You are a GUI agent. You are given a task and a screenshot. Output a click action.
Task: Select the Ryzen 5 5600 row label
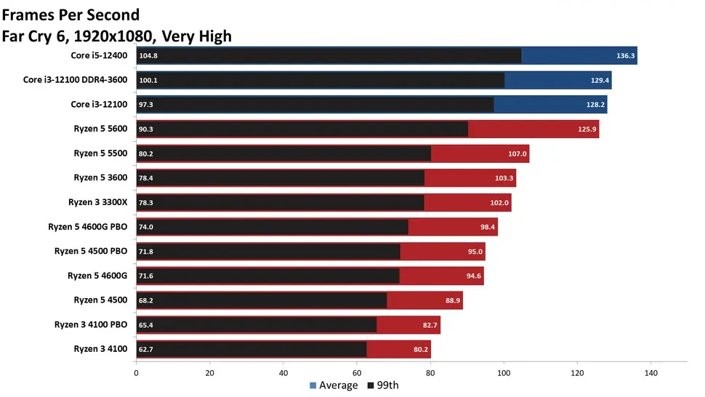pyautogui.click(x=100, y=129)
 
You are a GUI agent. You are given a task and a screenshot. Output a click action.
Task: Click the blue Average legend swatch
pyautogui.click(x=313, y=385)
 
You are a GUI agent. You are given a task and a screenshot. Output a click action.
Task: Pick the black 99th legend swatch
pyautogui.click(x=371, y=385)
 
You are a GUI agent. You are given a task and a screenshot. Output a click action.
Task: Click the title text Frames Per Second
pyautogui.click(x=71, y=15)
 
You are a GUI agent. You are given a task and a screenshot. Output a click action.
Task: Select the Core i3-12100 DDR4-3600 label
pyautogui.click(x=75, y=80)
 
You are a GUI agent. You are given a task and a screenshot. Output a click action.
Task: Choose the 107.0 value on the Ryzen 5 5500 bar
pyautogui.click(x=517, y=153)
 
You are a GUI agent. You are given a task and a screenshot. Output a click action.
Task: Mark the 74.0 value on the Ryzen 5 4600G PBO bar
pyautogui.click(x=146, y=228)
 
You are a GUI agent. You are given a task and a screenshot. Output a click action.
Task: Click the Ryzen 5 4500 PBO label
pyautogui.click(x=91, y=252)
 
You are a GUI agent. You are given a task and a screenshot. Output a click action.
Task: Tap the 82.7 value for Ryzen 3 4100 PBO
pyautogui.click(x=428, y=325)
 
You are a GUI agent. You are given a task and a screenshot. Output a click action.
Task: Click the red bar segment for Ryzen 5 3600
pyautogui.click(x=470, y=178)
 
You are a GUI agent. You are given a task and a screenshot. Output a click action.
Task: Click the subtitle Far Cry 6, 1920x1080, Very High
pyautogui.click(x=117, y=35)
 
